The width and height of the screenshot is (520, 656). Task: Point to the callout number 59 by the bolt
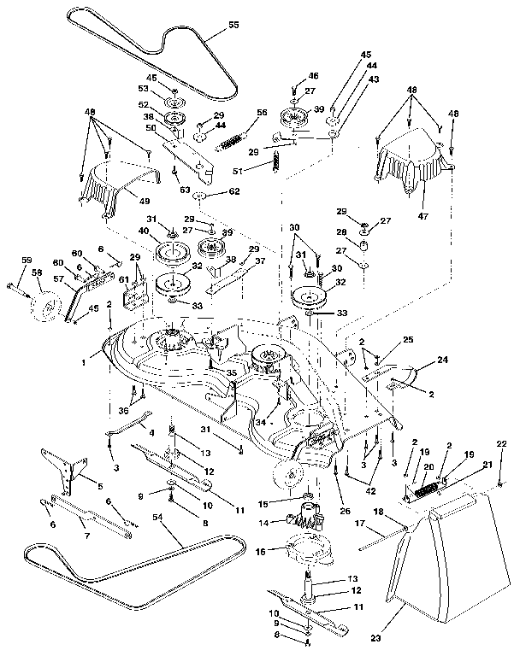26,261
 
